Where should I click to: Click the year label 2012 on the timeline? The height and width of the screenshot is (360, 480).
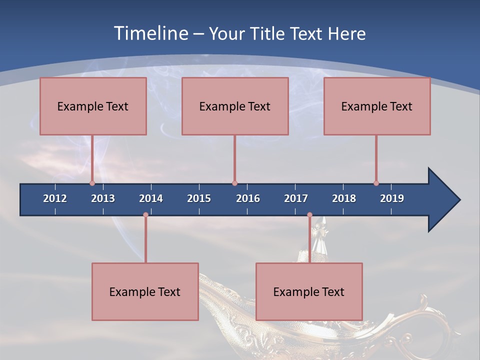click(55, 198)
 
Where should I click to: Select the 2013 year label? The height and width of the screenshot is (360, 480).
click(103, 198)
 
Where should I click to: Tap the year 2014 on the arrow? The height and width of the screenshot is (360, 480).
click(151, 198)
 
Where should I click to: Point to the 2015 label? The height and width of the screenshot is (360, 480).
click(199, 198)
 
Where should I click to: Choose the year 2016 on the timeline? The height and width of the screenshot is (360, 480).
click(248, 198)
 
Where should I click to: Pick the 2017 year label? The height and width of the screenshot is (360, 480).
click(296, 198)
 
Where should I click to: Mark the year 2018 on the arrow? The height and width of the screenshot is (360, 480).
click(344, 198)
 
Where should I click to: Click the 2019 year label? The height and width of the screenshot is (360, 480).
click(392, 198)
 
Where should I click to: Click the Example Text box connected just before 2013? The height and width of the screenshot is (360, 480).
click(93, 106)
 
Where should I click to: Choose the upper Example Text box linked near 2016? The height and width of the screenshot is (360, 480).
click(235, 106)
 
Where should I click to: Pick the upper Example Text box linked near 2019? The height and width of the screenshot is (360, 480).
click(377, 106)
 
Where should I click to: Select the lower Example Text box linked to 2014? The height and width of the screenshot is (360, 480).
click(145, 291)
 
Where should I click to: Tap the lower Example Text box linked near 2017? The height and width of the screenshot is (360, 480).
click(309, 291)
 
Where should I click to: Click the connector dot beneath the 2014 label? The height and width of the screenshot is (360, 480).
click(145, 215)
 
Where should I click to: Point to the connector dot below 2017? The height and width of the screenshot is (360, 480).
click(309, 215)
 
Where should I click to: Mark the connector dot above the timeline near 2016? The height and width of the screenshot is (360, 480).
click(234, 183)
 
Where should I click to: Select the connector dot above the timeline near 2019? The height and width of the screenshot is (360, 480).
click(376, 183)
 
